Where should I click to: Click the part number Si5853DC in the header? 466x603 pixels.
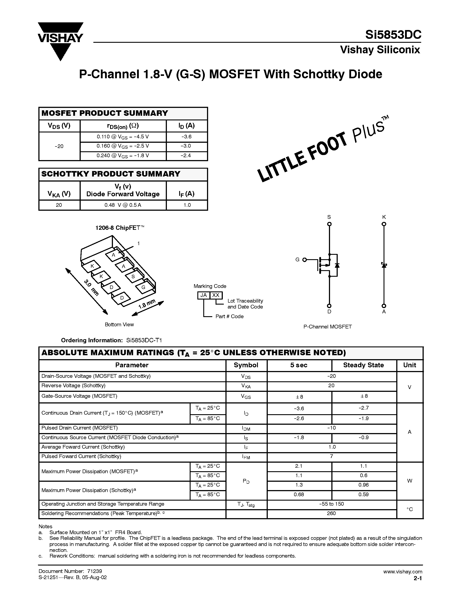click(393, 35)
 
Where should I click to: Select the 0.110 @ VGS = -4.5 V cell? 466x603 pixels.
click(123, 137)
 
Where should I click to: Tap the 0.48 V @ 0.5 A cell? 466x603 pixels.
click(123, 205)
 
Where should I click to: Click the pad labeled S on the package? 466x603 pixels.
click(133, 276)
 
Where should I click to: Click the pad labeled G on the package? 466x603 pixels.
click(143, 287)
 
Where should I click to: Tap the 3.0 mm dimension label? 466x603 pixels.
click(91, 287)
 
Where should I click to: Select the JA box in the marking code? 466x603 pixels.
click(204, 295)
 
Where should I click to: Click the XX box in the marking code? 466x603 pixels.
click(216, 295)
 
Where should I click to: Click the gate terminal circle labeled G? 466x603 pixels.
click(305, 260)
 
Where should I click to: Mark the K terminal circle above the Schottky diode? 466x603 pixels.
click(384, 224)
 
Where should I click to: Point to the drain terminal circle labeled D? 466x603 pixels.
click(329, 306)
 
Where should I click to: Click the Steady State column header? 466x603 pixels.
click(363, 365)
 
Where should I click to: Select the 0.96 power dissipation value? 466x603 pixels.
click(363, 485)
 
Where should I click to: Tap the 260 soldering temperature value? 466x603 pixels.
click(331, 513)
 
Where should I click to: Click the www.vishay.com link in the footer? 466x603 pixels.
click(402, 571)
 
